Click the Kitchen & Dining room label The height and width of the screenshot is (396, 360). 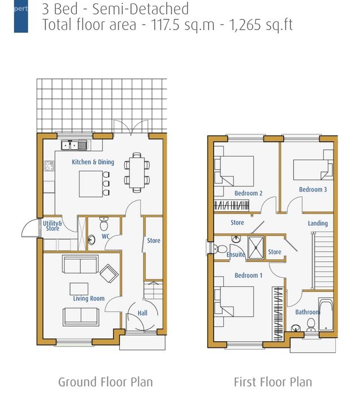(93, 162)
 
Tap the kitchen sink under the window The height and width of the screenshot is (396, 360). (74, 145)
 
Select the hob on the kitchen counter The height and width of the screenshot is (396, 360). (49, 166)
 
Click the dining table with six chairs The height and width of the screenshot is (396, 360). (137, 173)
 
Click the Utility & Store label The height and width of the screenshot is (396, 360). (53, 226)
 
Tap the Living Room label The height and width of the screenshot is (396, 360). (89, 298)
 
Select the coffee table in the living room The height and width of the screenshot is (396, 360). (79, 289)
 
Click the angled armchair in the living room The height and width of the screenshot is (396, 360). (109, 273)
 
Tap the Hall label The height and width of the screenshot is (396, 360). (142, 313)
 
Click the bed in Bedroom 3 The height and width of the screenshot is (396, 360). (313, 170)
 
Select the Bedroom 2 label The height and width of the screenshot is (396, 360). (249, 193)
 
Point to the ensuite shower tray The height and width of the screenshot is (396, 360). (256, 248)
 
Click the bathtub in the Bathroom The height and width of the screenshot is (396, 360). (326, 315)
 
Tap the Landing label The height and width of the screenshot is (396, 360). (318, 223)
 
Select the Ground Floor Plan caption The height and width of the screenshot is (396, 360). (106, 382)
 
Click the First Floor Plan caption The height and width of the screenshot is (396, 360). (273, 382)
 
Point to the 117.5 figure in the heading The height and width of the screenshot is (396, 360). (165, 25)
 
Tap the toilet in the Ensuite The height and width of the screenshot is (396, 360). (220, 249)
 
